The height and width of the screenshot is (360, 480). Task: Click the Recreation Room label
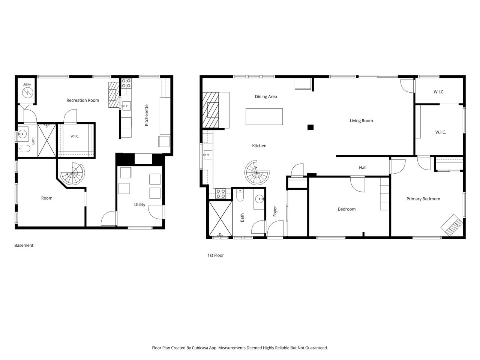click(82, 100)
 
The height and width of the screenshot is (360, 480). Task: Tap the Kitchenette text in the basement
click(147, 115)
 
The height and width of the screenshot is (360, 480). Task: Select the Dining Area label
click(266, 97)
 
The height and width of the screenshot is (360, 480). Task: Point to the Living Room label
click(361, 121)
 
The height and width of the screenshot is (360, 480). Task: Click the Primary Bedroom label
click(423, 199)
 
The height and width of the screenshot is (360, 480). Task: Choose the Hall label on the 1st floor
click(362, 168)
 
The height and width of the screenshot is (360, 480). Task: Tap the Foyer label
click(275, 211)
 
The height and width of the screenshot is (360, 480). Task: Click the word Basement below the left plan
click(24, 245)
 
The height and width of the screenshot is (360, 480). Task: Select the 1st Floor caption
click(215, 255)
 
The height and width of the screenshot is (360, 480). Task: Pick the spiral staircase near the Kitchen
click(257, 172)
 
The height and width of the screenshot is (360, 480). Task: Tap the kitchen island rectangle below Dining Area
click(264, 117)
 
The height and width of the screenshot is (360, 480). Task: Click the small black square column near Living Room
click(310, 127)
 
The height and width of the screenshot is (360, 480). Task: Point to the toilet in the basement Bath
click(24, 148)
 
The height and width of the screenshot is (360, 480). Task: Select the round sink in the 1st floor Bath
click(260, 199)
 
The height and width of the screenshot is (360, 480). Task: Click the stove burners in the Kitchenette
click(126, 83)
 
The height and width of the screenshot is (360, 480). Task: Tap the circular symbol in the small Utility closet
click(27, 93)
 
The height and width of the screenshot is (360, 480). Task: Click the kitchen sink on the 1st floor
click(207, 155)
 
